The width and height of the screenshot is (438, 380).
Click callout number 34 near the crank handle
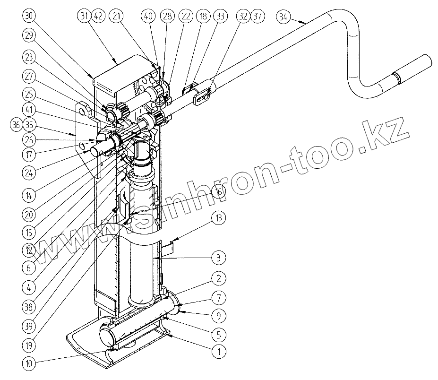coord(283,17)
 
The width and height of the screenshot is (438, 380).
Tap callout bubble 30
coord(29,16)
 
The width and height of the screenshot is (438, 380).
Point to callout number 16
coord(218,192)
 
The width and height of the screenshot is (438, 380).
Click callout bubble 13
coord(218,218)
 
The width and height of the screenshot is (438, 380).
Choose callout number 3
coord(218,258)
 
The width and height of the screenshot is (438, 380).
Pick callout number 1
coord(218,352)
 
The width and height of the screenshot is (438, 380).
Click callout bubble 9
coord(218,315)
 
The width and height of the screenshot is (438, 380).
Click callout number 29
coord(29,35)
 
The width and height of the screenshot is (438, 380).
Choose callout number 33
coord(220,16)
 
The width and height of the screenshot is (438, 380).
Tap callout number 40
coord(149,16)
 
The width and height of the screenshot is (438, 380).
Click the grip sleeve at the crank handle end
coord(414,69)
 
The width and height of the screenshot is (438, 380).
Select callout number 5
coord(218,335)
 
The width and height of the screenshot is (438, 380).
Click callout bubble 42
coord(98,16)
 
